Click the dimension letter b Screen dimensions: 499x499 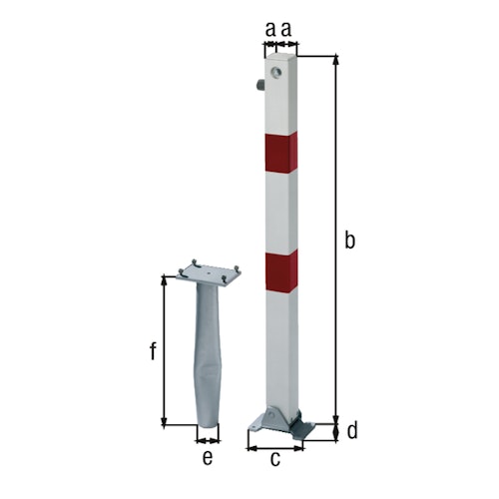coord(349,240)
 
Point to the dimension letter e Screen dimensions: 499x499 coord(208,459)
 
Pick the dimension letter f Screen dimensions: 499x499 coord(153,351)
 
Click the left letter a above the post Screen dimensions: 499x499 coord(269,31)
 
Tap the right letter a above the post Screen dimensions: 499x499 coord(286,31)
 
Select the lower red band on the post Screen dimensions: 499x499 coord(281,271)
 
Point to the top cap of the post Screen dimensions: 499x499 coord(280,58)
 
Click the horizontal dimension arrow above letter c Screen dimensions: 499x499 coord(275,445)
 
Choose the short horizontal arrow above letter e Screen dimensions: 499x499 coord(208,439)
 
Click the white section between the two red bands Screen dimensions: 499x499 coord(281,213)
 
